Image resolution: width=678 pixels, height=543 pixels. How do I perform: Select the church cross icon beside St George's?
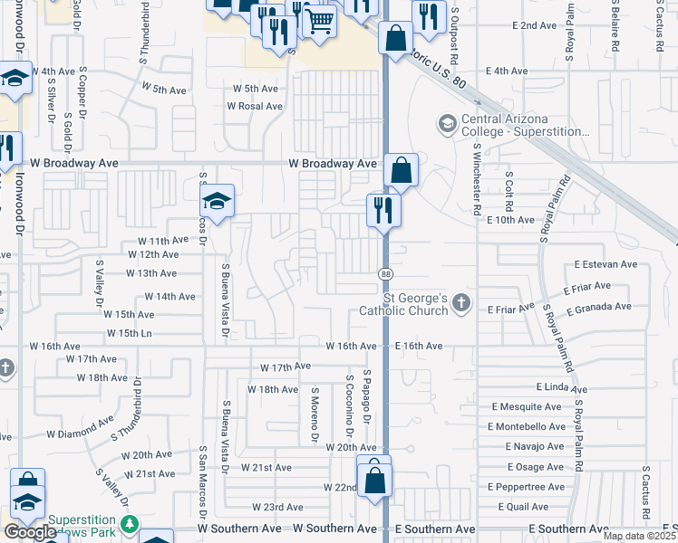(x=462, y=303)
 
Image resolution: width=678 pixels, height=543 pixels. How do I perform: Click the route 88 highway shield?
(x=384, y=272)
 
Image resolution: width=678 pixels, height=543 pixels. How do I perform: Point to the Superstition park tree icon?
(x=130, y=523)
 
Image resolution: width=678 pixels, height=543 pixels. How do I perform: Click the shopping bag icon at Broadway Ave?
(x=401, y=169)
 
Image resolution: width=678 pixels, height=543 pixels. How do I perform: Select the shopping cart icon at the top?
(x=318, y=20)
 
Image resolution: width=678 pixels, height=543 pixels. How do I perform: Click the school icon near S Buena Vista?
(x=218, y=202)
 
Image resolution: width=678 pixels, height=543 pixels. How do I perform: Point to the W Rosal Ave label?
(x=255, y=106)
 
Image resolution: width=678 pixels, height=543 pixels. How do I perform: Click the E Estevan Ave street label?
(x=605, y=265)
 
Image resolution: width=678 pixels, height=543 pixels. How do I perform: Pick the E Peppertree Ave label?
(x=530, y=487)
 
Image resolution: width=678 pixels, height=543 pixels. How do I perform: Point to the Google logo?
(x=30, y=532)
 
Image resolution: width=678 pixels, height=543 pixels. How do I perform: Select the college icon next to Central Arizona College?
(x=447, y=122)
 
